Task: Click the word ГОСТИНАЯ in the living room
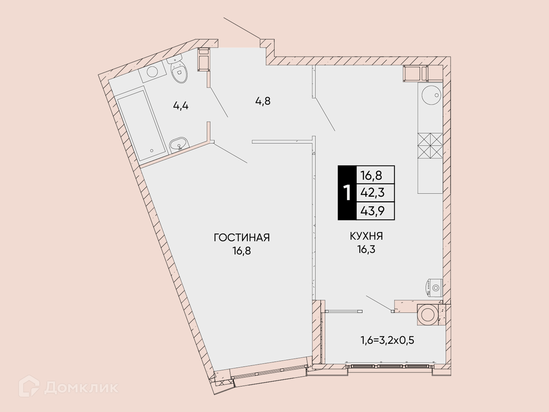pos(242,238)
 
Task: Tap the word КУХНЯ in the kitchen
pos(366,236)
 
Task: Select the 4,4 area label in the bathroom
pos(181,106)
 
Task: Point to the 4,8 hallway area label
pos(263,101)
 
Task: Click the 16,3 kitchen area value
pos(366,249)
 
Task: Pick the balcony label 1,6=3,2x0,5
pos(387,340)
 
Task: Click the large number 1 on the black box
pos(347,193)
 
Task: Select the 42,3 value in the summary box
pos(372,193)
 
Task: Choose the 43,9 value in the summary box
pos(372,211)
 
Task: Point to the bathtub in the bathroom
pos(140,125)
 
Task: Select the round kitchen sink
pos(431,95)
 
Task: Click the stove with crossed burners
pos(430,146)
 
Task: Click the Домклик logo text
pos(81,388)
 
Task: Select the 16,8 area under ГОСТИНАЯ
pos(242,251)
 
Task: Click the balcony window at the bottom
pos(390,366)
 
